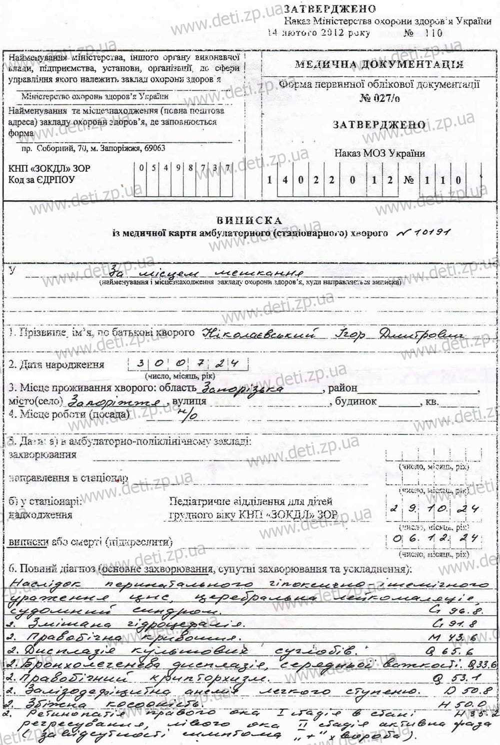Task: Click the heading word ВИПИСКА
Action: click(x=250, y=220)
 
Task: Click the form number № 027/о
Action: click(x=379, y=98)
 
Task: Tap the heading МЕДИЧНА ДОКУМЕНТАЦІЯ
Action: click(x=379, y=64)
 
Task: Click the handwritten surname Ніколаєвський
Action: click(x=259, y=334)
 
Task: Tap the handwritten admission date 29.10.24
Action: click(x=434, y=509)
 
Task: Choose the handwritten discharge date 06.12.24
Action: click(x=434, y=539)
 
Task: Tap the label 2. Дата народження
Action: click(x=56, y=365)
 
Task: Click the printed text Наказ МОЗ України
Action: click(x=379, y=153)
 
